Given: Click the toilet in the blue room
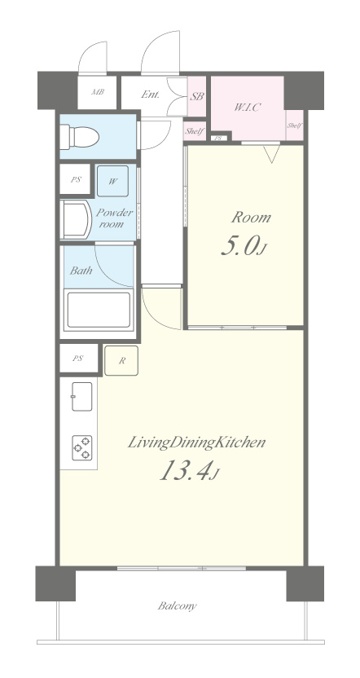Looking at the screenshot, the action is coord(79,137).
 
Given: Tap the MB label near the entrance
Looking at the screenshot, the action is coord(97,92).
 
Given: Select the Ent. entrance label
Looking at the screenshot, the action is coord(151,95).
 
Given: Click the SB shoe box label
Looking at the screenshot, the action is coord(196,96).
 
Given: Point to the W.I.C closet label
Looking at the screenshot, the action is coord(248,108).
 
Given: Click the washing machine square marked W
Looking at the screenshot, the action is coord(112,181).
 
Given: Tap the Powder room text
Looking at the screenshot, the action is coord(114,218).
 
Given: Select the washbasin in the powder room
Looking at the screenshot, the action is coord(76,219).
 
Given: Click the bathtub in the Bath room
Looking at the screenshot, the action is coord(98,310).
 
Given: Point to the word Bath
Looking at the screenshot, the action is coord(81,271).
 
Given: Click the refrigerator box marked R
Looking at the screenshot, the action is coord(121,360).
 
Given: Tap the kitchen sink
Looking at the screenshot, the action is coord(81,397).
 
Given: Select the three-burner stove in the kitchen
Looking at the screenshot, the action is coord(81,448).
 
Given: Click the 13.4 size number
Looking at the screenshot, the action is coord(188,470).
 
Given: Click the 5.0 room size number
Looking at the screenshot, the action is coord(243,245).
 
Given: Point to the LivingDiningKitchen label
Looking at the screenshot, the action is coord(195,443).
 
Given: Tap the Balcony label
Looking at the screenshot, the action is coord(177,605).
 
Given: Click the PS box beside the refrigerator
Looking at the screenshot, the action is coord(78,358).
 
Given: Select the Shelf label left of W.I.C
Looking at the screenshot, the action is coord(194,131).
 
